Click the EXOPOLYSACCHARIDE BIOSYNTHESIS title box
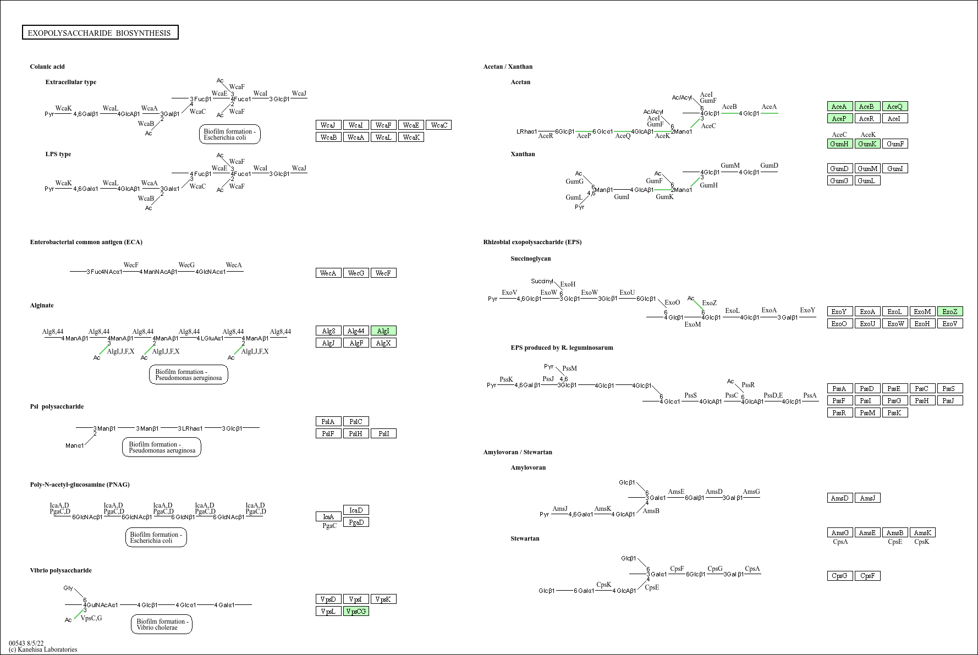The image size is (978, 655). pos(100,33)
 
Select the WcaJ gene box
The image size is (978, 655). pos(328,125)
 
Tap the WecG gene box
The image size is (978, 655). pos(356,273)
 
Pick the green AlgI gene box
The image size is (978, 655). pos(383,331)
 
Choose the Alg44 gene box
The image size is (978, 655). pos(356,331)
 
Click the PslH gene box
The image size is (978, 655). pos(356,433)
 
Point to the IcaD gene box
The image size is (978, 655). pos(356,510)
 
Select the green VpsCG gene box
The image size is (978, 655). pos(356,611)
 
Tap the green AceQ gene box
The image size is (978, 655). pos(895,106)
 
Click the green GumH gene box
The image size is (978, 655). pos(840,144)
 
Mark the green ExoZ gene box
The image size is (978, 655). pos(950,311)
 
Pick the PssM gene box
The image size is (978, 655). pos(867,412)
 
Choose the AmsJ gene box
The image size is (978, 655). pos(867,498)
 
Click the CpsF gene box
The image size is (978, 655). pos(867,576)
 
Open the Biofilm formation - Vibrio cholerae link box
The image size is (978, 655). pos(162,624)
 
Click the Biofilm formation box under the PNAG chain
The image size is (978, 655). pos(156,537)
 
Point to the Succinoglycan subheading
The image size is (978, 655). pos(530,258)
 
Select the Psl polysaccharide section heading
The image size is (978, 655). pos(57,406)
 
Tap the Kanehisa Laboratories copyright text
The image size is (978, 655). pos(43,650)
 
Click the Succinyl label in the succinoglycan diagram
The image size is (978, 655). pos(542,281)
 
